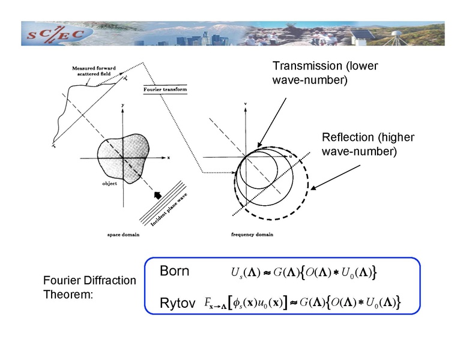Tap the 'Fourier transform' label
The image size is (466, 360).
165,90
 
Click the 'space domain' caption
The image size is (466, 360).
123,235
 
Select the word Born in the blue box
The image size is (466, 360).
174,271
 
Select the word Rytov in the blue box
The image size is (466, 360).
177,304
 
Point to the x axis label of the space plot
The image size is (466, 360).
169,158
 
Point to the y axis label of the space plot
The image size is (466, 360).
122,106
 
